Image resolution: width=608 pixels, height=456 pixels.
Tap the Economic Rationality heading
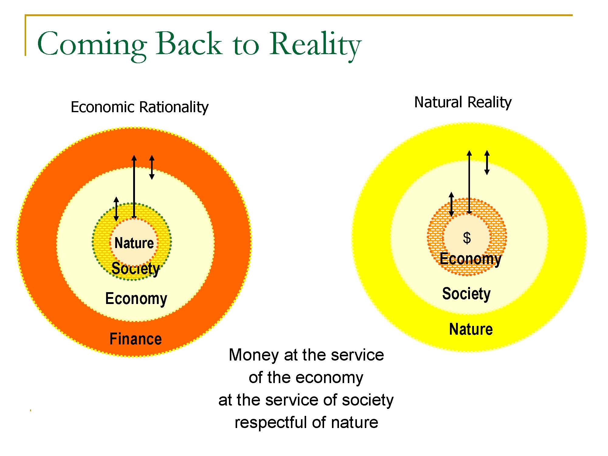pyautogui.click(x=140, y=107)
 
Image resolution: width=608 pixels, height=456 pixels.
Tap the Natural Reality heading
pyautogui.click(x=463, y=102)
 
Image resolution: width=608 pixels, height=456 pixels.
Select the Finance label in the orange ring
pyautogui.click(x=136, y=339)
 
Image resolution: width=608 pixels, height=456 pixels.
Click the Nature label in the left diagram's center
pyautogui.click(x=134, y=243)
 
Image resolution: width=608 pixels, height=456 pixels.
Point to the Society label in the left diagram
pyautogui.click(x=136, y=269)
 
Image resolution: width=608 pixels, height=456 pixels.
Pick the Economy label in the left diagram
pyautogui.click(x=136, y=299)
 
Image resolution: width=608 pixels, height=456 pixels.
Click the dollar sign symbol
pyautogui.click(x=467, y=238)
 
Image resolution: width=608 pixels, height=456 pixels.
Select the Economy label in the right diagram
pyautogui.click(x=471, y=259)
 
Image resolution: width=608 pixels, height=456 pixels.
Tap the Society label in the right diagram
pyautogui.click(x=466, y=294)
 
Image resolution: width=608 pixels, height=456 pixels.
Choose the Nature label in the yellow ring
pyautogui.click(x=471, y=329)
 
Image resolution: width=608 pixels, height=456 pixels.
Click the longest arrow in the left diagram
pyautogui.click(x=134, y=187)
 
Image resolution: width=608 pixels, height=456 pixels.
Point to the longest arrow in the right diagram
pyautogui.click(x=469, y=182)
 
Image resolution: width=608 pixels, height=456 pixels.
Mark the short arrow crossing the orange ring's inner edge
pyautogui.click(x=152, y=167)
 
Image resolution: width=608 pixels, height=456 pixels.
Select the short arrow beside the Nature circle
pyautogui.click(x=116, y=209)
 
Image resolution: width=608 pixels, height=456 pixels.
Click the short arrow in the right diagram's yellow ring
pyautogui.click(x=487, y=163)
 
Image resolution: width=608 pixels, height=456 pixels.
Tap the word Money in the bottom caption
pyautogui.click(x=254, y=355)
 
